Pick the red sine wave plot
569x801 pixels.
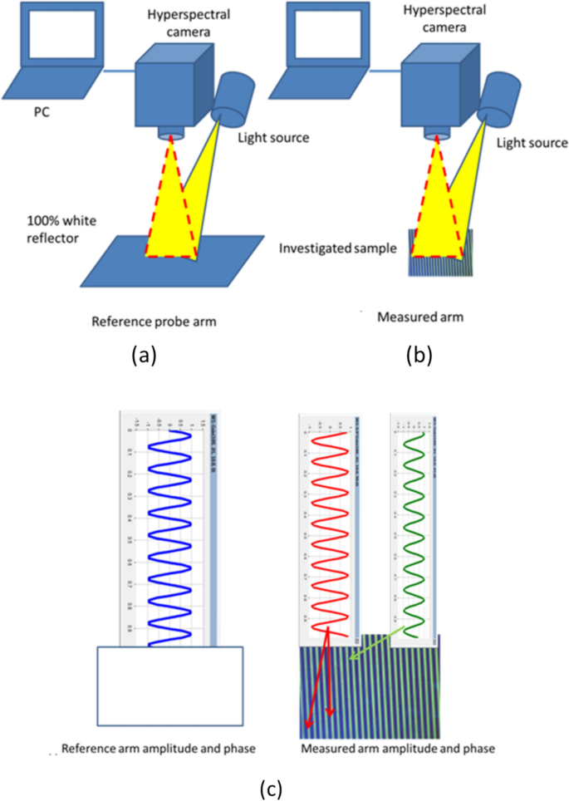326,532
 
